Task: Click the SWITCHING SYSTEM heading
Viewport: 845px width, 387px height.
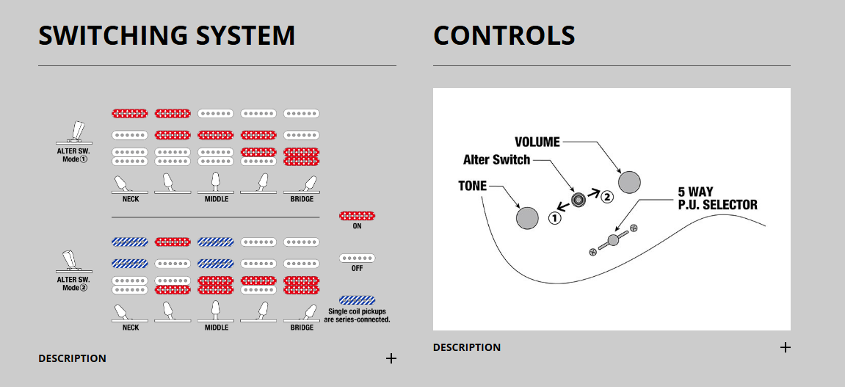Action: (167, 36)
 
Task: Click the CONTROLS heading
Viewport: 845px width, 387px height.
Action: (504, 36)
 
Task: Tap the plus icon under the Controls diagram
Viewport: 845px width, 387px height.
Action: (785, 347)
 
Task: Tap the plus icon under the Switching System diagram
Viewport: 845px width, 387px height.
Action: (391, 358)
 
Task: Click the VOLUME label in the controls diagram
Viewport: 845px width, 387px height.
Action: (537, 142)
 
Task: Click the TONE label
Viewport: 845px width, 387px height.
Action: (472, 186)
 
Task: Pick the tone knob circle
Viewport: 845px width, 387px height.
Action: (528, 218)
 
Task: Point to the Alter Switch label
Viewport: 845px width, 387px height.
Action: (496, 159)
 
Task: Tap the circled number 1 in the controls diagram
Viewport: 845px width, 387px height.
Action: (556, 218)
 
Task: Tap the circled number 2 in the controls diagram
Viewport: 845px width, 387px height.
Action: (606, 197)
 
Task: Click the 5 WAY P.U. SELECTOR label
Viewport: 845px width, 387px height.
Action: (717, 198)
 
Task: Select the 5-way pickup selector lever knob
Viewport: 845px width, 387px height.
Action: (614, 240)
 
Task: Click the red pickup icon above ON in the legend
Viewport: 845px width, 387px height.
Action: (357, 216)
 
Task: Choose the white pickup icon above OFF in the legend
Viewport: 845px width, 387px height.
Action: (357, 258)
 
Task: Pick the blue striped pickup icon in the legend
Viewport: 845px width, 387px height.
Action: (357, 300)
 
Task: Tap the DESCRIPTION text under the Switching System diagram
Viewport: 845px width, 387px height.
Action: (72, 358)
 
